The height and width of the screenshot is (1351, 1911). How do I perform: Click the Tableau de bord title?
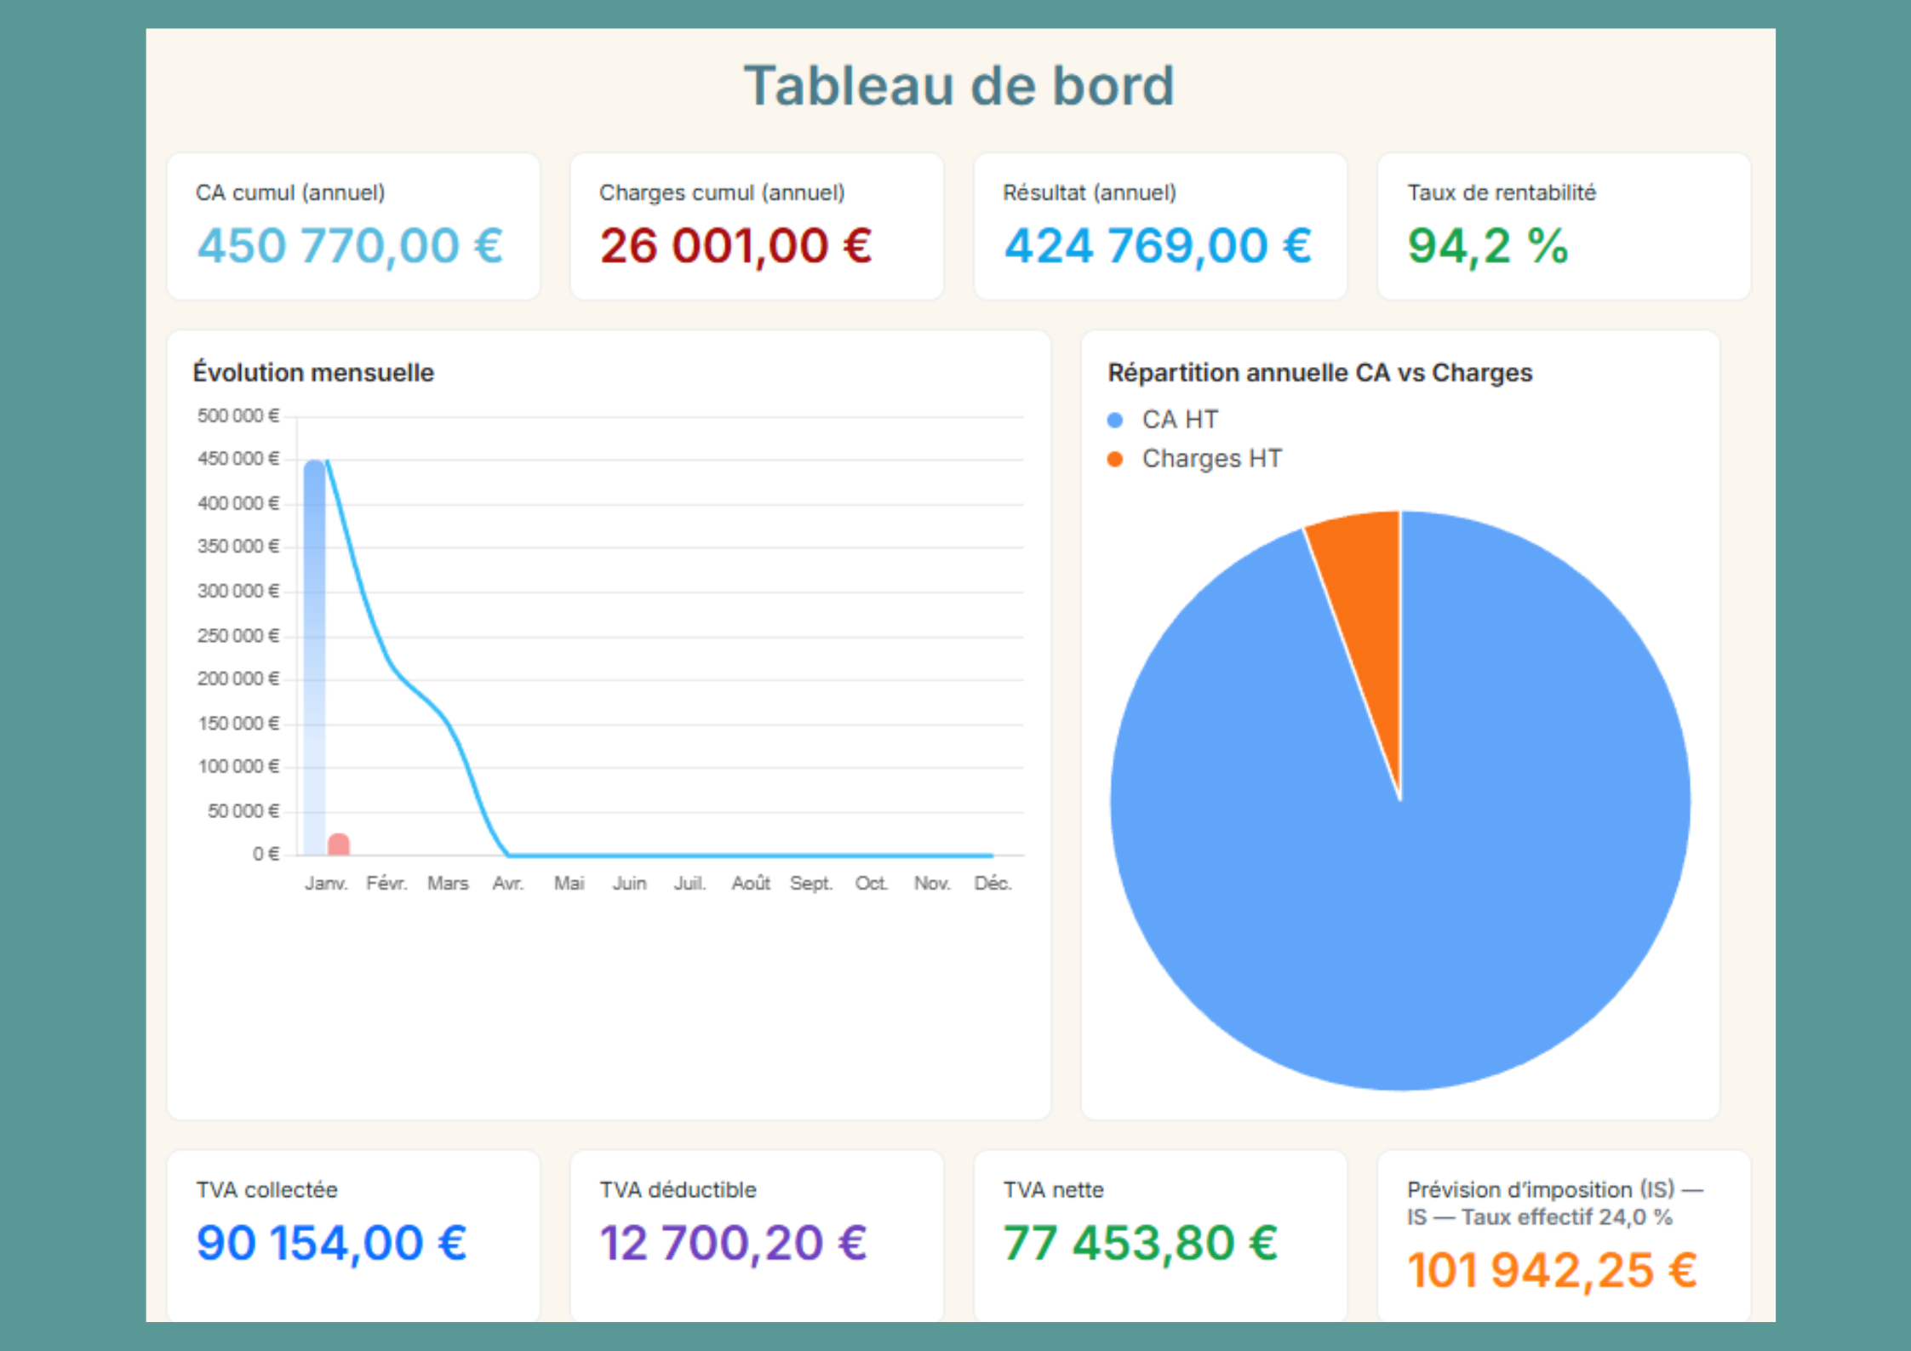[958, 86]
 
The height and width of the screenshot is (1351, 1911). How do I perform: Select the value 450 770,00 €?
[350, 246]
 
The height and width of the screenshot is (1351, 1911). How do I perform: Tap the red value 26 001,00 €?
[735, 246]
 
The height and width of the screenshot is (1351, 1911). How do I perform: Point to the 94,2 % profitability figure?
[1487, 246]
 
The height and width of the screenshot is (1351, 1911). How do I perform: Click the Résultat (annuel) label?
[1089, 193]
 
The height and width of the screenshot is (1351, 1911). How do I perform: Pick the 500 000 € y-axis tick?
[237, 416]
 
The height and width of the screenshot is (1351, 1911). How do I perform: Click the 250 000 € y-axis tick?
[237, 636]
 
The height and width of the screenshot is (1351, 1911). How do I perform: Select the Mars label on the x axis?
[448, 884]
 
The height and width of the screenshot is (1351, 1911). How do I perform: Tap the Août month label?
[750, 884]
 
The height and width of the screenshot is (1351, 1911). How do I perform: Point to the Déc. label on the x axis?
[993, 884]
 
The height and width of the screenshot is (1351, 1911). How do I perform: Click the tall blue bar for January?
[314, 655]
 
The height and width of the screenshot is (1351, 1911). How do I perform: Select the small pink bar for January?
[339, 844]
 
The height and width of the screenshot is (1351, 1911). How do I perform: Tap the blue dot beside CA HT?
[1115, 420]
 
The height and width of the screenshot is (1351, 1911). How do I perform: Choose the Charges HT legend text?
[1211, 459]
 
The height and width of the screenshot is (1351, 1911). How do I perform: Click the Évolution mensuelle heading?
[313, 373]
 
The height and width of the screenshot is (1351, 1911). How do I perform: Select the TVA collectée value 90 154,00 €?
[331, 1243]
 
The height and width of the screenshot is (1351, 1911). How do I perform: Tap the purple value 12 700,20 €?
[733, 1243]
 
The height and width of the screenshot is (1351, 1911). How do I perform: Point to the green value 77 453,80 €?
[1140, 1243]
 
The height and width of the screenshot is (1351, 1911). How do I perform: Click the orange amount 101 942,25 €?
[1551, 1271]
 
